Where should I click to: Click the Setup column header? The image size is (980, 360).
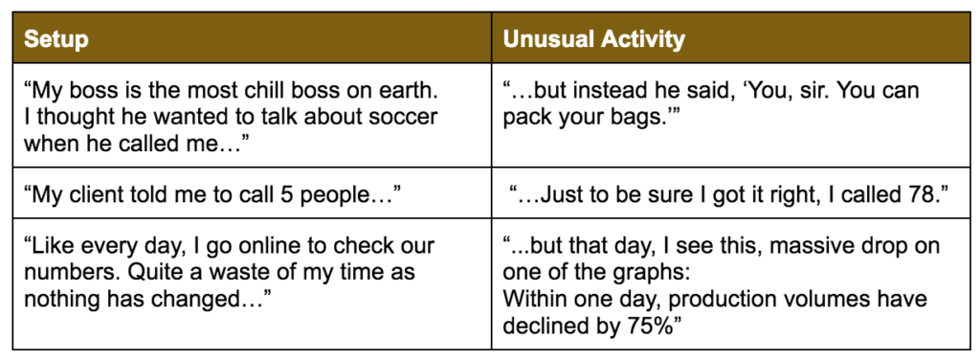point(56,39)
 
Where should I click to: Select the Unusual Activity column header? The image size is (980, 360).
point(593,39)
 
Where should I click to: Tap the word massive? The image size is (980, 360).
point(812,246)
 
